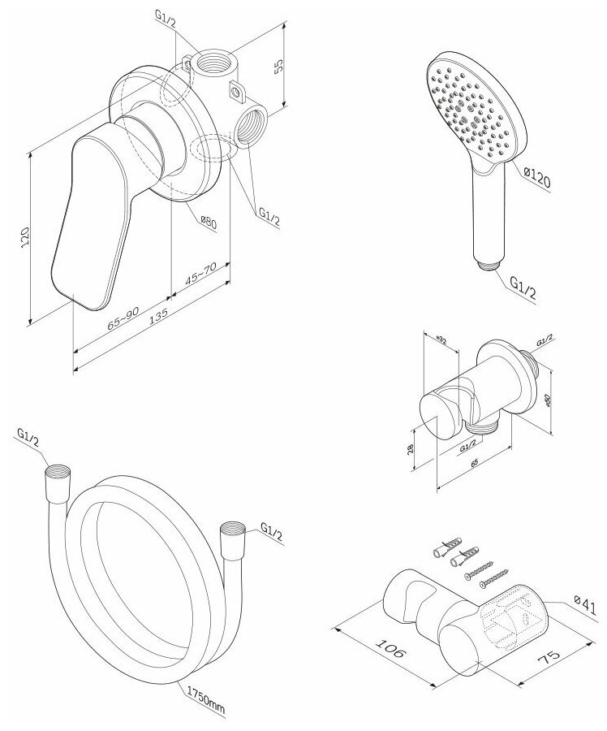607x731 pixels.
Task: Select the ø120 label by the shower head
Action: point(538,176)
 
